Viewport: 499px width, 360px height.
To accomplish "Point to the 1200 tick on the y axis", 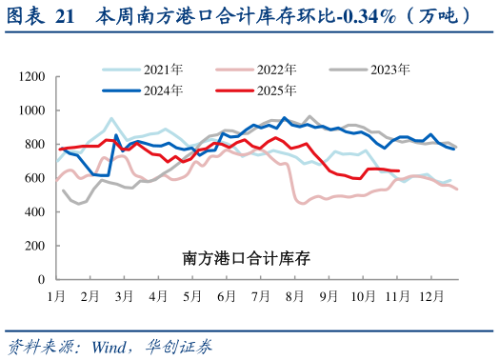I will [x=31, y=76].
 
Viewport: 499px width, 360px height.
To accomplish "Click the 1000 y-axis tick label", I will [x=31, y=110].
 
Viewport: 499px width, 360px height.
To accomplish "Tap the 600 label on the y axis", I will [x=34, y=178].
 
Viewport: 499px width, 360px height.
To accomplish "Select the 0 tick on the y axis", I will [x=41, y=280].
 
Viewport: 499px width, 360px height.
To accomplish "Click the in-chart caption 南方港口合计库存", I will [x=247, y=257].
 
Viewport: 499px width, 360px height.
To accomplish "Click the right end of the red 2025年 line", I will [x=397, y=171].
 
